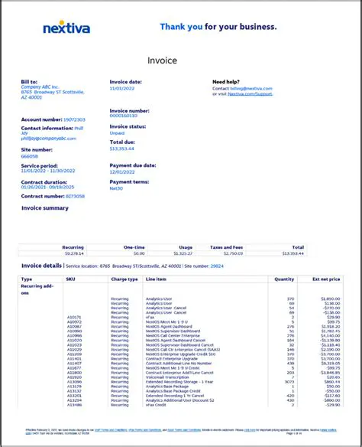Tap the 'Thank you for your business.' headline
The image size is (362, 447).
pyautogui.click(x=218, y=27)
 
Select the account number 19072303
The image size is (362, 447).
pyautogui.click(x=74, y=119)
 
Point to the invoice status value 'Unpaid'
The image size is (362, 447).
pyautogui.click(x=118, y=132)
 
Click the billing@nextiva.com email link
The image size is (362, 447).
pyautogui.click(x=255, y=89)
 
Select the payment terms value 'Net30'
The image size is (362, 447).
pyautogui.click(x=117, y=187)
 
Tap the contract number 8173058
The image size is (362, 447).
pyautogui.click(x=75, y=196)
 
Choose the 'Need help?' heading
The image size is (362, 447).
pyautogui.click(x=228, y=81)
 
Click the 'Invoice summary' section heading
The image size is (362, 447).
pyautogui.click(x=45, y=207)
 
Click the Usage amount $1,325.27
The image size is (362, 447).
pyautogui.click(x=184, y=253)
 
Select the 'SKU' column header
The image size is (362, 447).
pyautogui.click(x=71, y=279)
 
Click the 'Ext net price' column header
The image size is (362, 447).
pyautogui.click(x=327, y=279)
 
